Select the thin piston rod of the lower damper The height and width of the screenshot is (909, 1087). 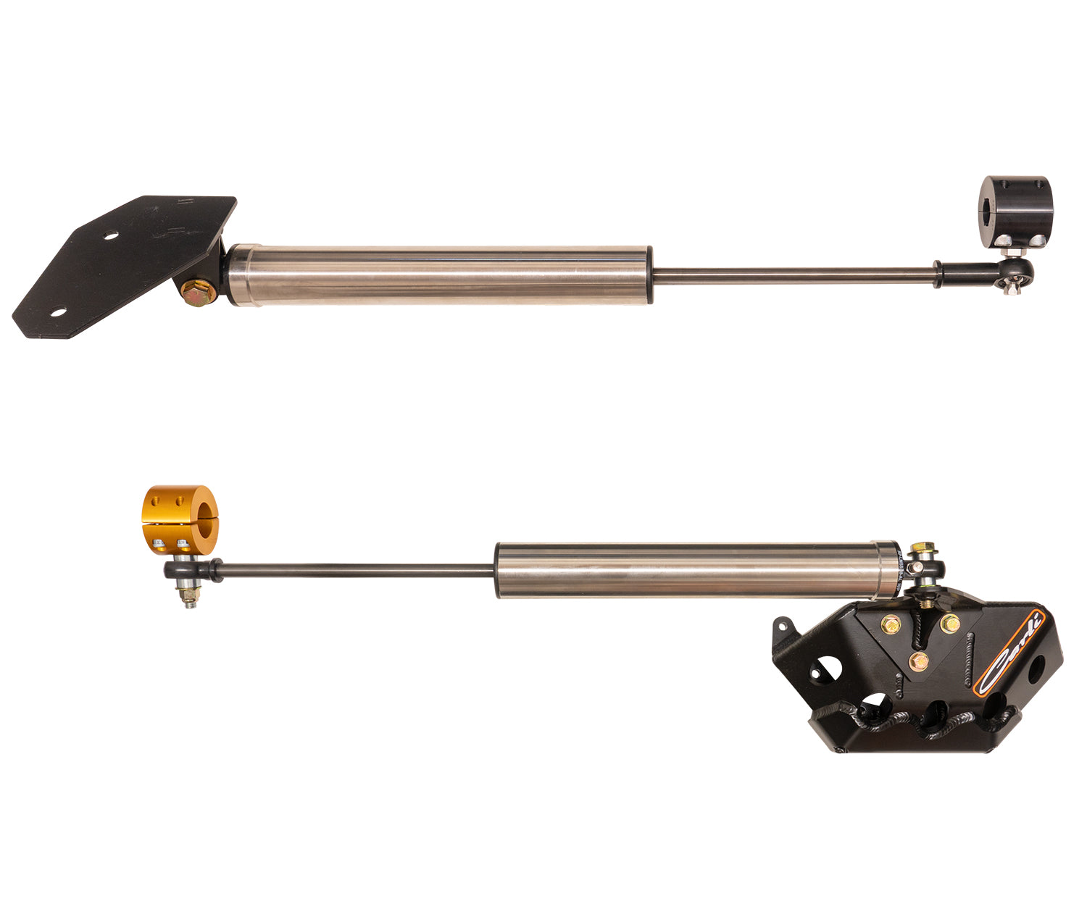click(x=355, y=571)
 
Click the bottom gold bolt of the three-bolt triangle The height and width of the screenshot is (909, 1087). click(x=919, y=660)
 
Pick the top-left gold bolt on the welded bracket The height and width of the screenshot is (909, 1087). click(x=890, y=621)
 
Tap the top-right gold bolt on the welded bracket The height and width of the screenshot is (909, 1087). click(x=948, y=621)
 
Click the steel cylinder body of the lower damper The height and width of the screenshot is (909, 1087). click(x=688, y=570)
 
